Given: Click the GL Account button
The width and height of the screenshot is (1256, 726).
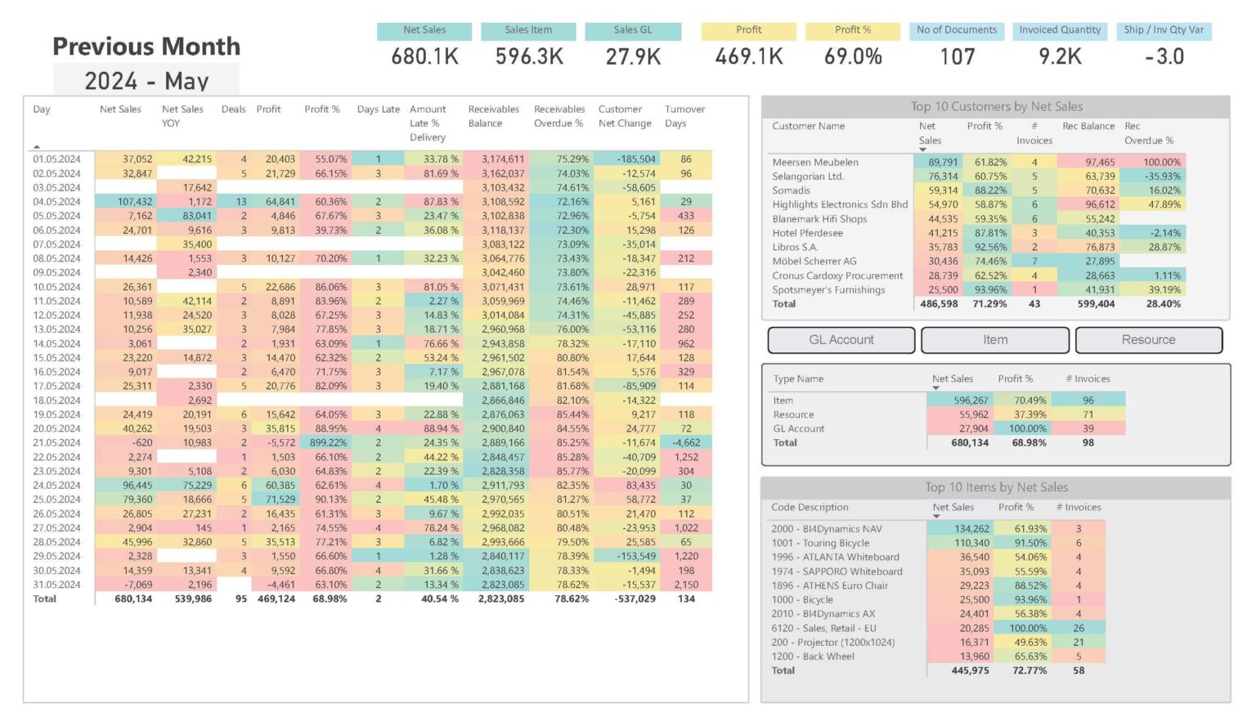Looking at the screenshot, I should [x=841, y=340].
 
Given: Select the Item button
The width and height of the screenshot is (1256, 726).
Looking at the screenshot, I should [x=994, y=340].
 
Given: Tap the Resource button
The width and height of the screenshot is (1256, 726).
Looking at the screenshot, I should [x=1148, y=340].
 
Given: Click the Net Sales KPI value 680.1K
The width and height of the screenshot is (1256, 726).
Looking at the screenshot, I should [x=424, y=56].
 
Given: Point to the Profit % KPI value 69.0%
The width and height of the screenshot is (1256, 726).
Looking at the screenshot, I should [x=853, y=56].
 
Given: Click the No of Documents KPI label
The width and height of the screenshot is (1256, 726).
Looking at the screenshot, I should [x=957, y=30].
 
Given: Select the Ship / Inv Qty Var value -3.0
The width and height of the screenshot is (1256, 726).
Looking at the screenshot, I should [x=1164, y=56].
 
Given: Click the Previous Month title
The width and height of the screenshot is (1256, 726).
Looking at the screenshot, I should [x=146, y=47].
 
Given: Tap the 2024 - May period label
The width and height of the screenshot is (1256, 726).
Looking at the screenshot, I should [x=146, y=81].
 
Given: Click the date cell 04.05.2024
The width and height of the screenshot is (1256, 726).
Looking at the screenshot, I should [x=56, y=202].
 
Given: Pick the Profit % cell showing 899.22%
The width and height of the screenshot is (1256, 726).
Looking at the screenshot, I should [x=328, y=443].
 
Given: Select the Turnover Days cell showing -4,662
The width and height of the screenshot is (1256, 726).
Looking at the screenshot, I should [x=685, y=443].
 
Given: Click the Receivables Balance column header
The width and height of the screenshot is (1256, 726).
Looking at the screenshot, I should [x=493, y=116].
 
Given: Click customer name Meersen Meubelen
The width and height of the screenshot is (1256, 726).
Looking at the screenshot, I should [x=815, y=163].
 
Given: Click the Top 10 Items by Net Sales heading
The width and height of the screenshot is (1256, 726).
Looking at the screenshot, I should [x=996, y=487].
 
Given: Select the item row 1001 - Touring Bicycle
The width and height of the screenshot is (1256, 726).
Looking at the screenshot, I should [x=820, y=544].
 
